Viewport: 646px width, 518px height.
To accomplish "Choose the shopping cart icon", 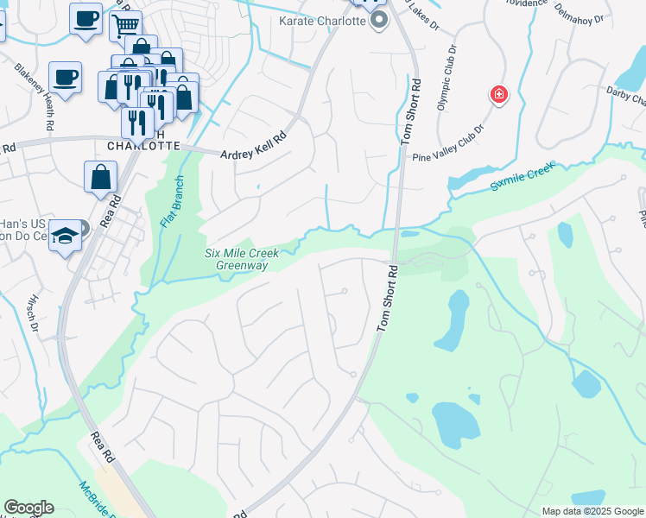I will [x=126, y=26].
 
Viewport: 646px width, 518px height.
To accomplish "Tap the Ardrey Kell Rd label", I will [x=252, y=148].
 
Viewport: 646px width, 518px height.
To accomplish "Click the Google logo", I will [x=28, y=508].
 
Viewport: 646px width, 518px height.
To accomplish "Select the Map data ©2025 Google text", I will [x=592, y=511].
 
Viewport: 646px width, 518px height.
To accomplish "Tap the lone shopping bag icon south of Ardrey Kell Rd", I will [x=100, y=177].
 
